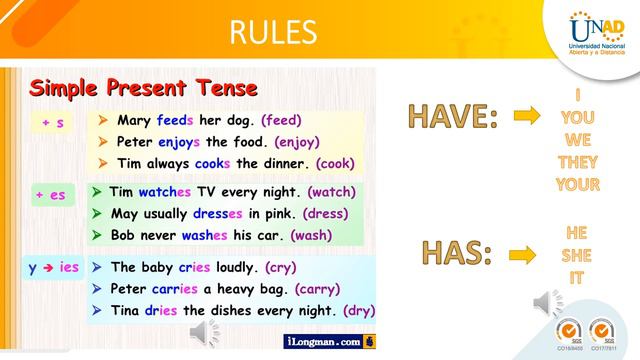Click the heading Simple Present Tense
[x=143, y=87]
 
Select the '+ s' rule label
[x=52, y=123]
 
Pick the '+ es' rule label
[x=50, y=194]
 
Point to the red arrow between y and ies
[x=47, y=267]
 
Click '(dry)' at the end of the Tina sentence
[x=359, y=311]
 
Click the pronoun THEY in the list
[x=577, y=162]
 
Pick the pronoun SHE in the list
[x=576, y=255]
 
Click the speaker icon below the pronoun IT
[x=549, y=302]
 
